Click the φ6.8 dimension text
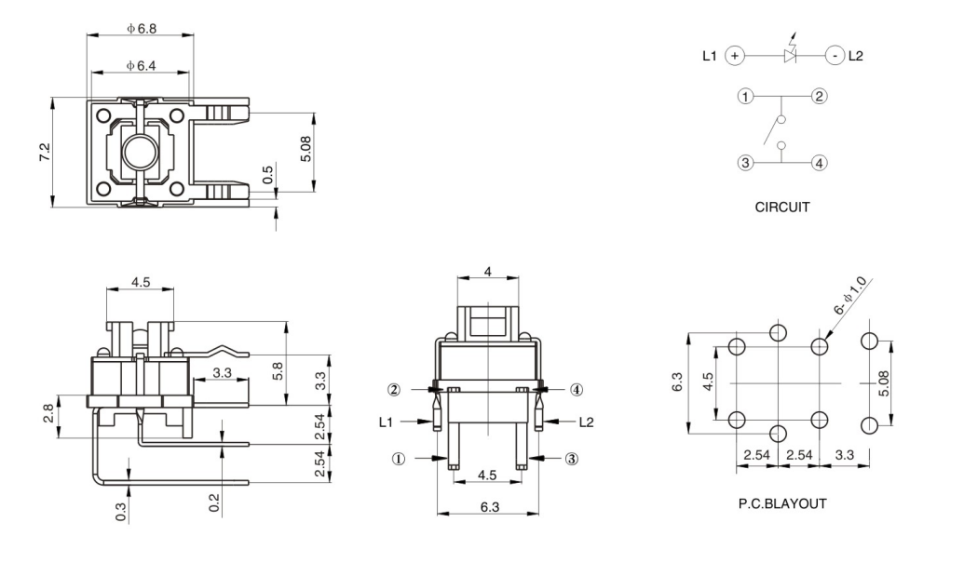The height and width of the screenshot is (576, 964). coord(142,29)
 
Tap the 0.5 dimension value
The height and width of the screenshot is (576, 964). coord(268,174)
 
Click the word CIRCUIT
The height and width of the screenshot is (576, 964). coord(781,208)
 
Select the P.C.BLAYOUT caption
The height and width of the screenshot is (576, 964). coord(781,503)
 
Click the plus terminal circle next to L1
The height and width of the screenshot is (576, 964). coord(735,56)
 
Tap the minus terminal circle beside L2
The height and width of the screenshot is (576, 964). coord(835,56)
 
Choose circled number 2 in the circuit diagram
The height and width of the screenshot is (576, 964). coord(819,96)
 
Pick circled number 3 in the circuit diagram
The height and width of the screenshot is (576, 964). coord(745,163)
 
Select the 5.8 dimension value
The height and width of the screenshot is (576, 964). coord(278,369)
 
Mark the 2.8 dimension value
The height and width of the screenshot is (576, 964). coord(47,415)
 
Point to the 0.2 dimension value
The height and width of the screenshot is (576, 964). coord(215,502)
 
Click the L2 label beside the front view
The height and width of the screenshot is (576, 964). coord(586,422)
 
